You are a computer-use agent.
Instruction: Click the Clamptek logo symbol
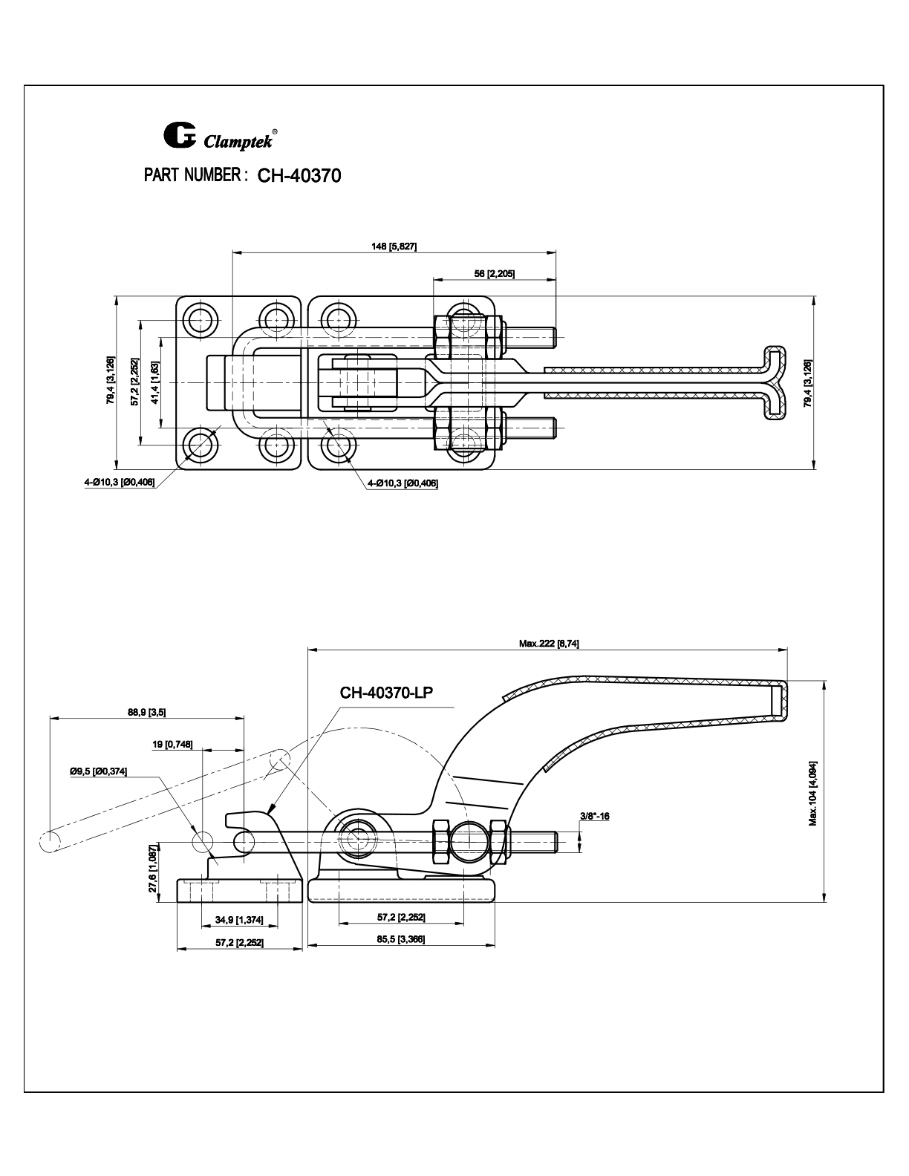(178, 136)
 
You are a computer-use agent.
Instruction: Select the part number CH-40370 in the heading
(299, 176)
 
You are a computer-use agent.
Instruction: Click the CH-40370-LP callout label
(386, 693)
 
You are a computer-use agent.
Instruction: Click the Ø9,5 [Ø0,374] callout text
(99, 771)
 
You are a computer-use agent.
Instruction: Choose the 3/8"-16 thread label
(594, 817)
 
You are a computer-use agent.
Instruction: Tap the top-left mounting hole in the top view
(200, 320)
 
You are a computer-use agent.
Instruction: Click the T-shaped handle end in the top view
(775, 382)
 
